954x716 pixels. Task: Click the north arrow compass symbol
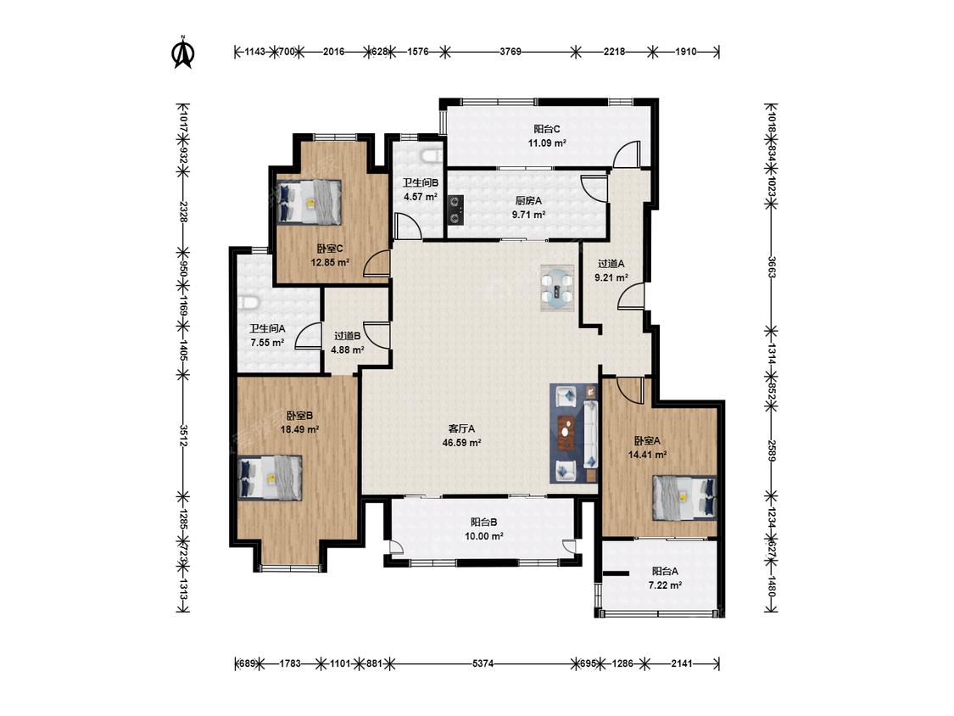click(x=182, y=53)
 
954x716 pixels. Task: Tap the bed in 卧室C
click(x=309, y=202)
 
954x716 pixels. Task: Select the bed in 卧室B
click(x=270, y=478)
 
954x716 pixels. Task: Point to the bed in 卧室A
click(x=684, y=497)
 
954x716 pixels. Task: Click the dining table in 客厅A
click(x=558, y=288)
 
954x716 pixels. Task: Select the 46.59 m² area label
click(x=462, y=443)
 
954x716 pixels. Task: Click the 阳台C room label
click(x=547, y=129)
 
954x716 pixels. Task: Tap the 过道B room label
click(x=348, y=335)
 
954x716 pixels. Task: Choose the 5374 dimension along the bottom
click(x=483, y=663)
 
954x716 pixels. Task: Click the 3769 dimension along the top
click(x=510, y=52)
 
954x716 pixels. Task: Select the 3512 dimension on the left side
click(x=182, y=434)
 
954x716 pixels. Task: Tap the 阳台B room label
click(x=483, y=522)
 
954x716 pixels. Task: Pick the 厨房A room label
click(x=528, y=200)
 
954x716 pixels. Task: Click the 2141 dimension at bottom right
click(x=682, y=663)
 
